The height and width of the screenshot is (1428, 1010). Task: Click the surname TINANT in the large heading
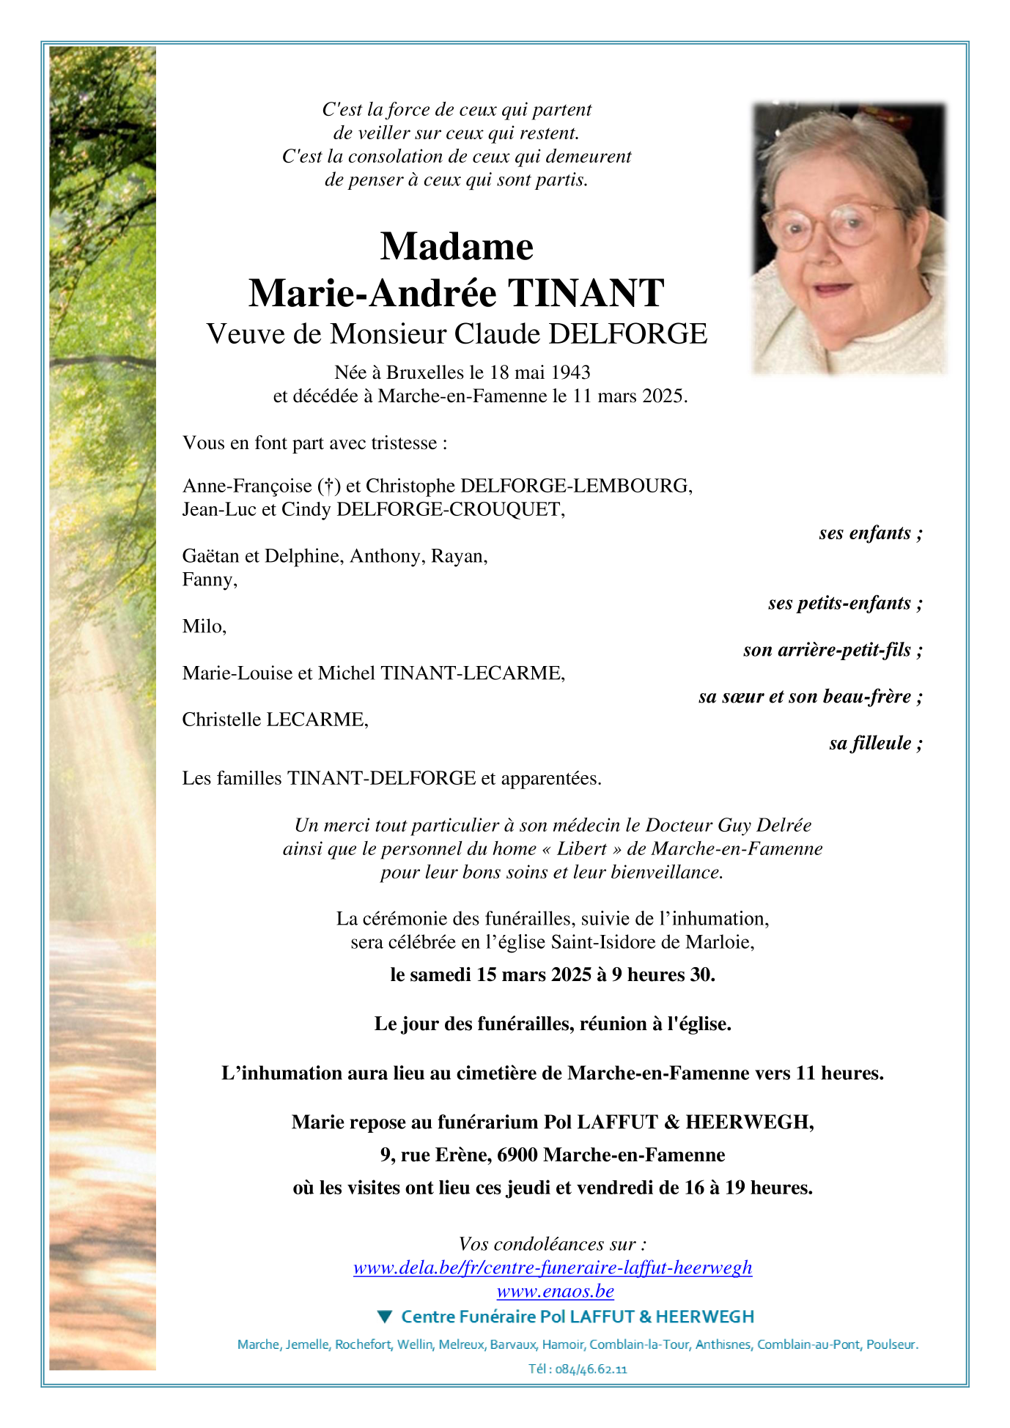586,294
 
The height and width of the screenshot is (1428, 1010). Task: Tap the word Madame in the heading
457,246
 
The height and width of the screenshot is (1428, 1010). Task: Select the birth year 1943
570,372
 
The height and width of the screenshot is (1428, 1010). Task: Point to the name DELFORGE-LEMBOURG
575,486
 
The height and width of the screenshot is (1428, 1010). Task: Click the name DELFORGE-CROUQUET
450,509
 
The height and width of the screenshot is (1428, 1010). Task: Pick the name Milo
203,626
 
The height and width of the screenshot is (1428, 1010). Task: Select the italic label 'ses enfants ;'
870,533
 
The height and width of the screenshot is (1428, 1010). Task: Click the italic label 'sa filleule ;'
875,743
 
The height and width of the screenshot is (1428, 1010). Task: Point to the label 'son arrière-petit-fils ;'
832,650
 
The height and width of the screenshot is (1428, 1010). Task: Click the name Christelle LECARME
274,719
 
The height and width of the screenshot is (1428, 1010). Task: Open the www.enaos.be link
555,1291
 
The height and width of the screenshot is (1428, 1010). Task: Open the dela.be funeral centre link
553,1268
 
